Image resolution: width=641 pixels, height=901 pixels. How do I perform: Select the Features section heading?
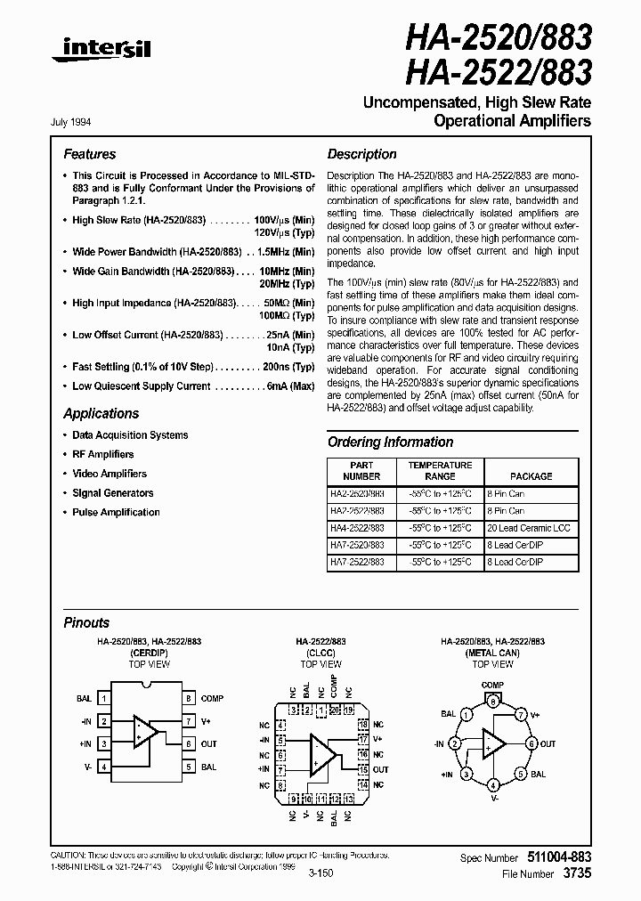(89, 154)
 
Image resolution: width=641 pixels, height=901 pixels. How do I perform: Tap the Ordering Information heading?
(390, 442)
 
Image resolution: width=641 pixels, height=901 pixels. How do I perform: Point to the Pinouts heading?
(86, 623)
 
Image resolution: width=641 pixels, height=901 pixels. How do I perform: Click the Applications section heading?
(101, 414)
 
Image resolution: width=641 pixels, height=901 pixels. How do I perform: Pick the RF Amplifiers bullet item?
(102, 454)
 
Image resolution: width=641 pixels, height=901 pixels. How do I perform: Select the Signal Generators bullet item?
(112, 493)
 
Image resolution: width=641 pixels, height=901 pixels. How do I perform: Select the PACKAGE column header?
(531, 476)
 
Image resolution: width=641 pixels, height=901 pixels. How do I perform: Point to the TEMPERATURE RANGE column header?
(440, 470)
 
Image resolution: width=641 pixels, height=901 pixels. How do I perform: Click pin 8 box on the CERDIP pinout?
(190, 698)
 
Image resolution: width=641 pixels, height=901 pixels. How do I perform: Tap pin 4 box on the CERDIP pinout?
(104, 766)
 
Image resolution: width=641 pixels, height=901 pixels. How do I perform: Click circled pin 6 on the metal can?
(531, 743)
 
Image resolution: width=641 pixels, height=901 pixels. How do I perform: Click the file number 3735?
(579, 874)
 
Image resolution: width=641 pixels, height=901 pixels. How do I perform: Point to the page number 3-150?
(321, 875)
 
